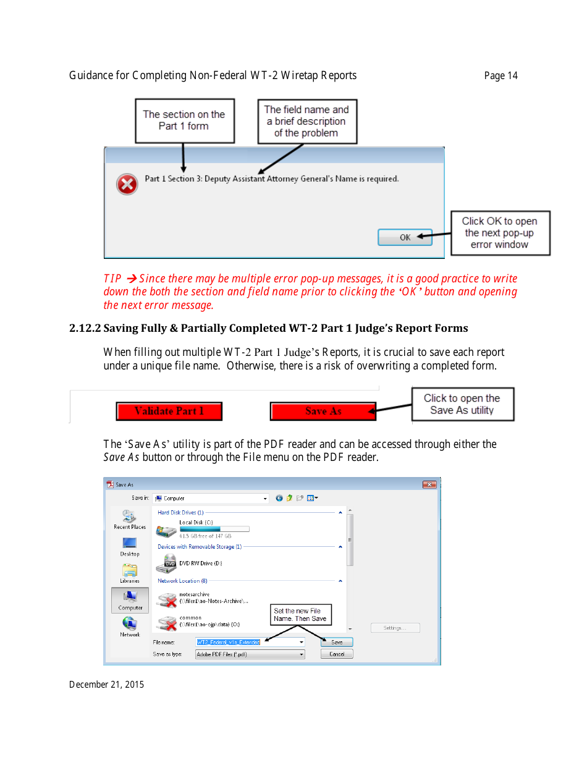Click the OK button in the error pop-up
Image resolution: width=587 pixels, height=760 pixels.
click(405, 237)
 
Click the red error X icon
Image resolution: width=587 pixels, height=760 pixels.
click(127, 184)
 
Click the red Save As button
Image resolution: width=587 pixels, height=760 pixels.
click(323, 412)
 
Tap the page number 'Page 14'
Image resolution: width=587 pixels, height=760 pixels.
click(500, 76)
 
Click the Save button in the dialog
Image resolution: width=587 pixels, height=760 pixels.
click(337, 643)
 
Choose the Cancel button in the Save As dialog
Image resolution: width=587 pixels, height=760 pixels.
click(337, 654)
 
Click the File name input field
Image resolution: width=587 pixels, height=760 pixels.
click(247, 643)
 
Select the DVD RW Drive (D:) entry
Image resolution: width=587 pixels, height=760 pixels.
click(192, 563)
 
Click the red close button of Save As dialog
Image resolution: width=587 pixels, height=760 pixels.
click(429, 485)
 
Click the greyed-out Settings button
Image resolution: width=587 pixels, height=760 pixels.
click(395, 628)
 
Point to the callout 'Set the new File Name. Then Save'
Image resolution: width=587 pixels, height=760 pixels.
click(300, 614)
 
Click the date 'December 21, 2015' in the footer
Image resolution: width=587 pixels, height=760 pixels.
click(106, 685)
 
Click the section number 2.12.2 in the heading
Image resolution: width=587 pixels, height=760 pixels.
click(85, 328)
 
